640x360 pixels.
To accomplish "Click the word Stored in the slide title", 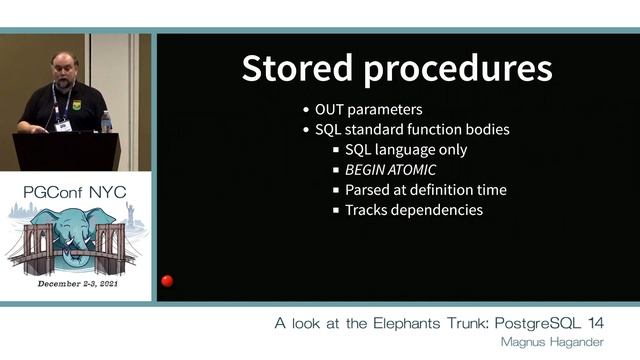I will [x=296, y=68].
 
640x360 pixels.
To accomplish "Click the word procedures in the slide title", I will [x=454, y=68].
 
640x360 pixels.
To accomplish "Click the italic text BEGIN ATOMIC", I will [x=390, y=170].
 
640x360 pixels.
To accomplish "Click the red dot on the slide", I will [x=167, y=281].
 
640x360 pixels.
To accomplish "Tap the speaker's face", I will [x=64, y=72].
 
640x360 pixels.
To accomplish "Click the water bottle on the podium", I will [x=106, y=121].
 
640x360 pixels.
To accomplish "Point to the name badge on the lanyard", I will [x=63, y=125].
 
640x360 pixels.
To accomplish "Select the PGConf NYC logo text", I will [x=76, y=190].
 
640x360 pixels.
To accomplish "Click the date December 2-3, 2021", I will [x=76, y=285].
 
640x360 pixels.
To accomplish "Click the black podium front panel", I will [x=65, y=152].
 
